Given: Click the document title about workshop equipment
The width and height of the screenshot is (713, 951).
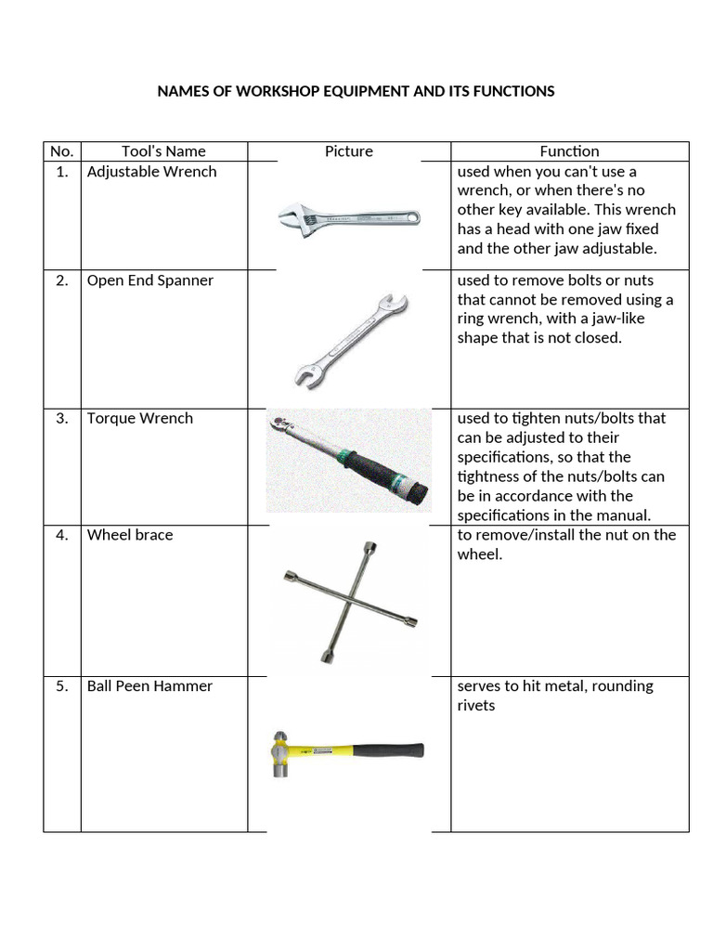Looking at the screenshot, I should click(x=356, y=91).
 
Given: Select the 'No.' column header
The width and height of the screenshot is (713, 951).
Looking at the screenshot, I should click(x=61, y=151).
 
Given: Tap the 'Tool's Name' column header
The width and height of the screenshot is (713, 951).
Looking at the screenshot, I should click(x=163, y=151).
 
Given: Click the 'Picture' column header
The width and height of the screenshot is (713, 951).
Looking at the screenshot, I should click(x=348, y=151).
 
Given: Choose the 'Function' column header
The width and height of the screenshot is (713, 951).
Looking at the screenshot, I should click(x=569, y=151).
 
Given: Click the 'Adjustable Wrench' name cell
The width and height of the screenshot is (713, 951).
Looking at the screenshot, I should click(x=151, y=172).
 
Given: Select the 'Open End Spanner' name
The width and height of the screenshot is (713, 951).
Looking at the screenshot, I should click(x=149, y=280).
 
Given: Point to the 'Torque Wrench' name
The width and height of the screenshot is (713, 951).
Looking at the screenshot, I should click(x=139, y=418).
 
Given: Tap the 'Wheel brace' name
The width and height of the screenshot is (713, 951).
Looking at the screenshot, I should click(x=129, y=535).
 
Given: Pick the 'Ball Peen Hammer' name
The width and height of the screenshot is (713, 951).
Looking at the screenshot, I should click(x=149, y=686).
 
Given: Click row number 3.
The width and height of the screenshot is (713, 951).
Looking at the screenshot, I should click(x=61, y=418).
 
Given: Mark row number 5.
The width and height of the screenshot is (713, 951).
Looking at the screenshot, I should click(x=61, y=686).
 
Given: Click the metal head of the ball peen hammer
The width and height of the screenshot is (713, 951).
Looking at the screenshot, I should click(x=279, y=753).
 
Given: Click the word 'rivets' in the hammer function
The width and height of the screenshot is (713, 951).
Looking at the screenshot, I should click(x=476, y=706).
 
